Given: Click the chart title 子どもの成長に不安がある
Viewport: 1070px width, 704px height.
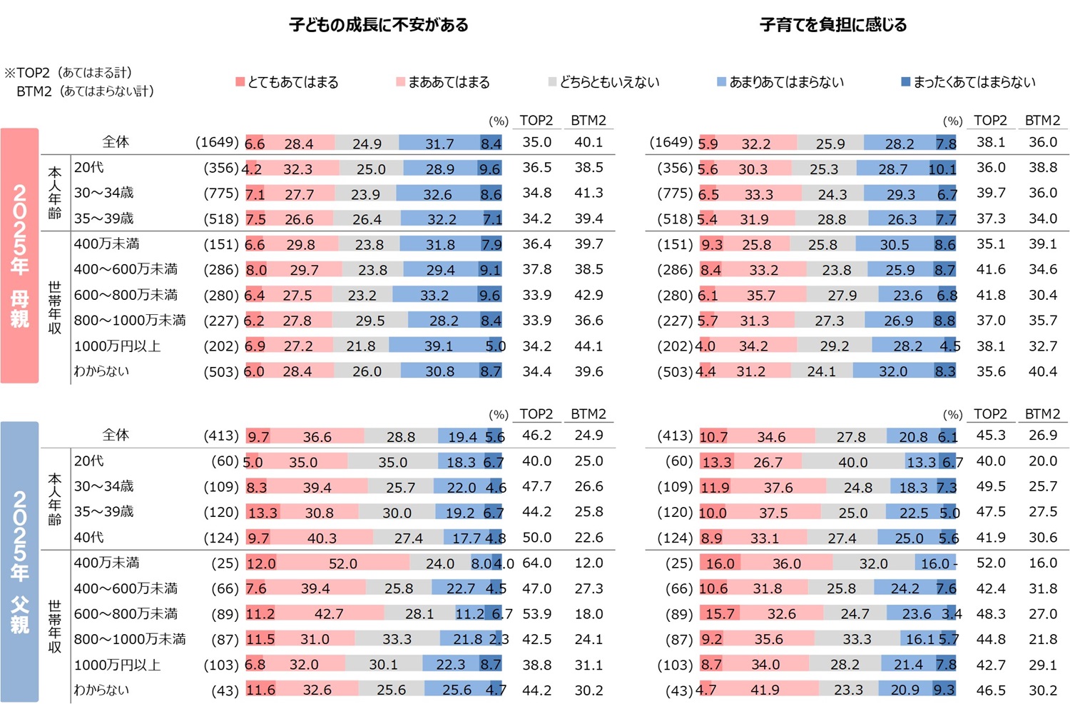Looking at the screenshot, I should click(x=379, y=25).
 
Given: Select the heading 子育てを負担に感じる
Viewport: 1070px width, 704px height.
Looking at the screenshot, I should click(x=833, y=25).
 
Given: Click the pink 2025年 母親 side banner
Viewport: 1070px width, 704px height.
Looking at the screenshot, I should click(x=19, y=256).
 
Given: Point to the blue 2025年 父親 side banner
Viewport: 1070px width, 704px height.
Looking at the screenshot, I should click(x=19, y=562).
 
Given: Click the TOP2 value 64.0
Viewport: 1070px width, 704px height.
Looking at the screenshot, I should click(x=536, y=563).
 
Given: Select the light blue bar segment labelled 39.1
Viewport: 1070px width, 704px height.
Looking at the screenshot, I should click(x=438, y=346).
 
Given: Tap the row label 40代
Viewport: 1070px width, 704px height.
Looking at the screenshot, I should click(x=89, y=537).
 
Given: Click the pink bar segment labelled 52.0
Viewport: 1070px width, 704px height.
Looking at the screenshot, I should click(x=342, y=563).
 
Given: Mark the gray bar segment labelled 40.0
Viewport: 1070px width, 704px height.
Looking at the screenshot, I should click(x=852, y=462).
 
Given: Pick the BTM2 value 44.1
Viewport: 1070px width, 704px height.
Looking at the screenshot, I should click(x=588, y=346).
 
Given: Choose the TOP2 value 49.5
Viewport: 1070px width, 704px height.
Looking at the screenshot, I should click(x=991, y=486).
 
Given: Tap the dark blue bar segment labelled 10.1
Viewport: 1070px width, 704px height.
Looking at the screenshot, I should click(x=942, y=169).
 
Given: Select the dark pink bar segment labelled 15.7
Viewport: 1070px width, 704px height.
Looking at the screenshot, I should click(x=720, y=614).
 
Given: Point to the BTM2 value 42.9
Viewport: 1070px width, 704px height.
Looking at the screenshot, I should click(x=588, y=295).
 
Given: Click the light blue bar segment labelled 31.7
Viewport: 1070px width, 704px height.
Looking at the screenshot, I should click(x=439, y=144).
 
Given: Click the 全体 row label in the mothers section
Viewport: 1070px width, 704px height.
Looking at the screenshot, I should click(x=116, y=141).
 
